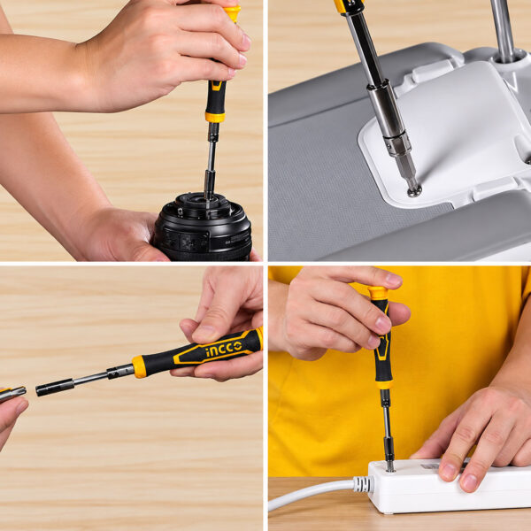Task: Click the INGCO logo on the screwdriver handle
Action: [224, 350]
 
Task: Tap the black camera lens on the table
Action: [204, 227]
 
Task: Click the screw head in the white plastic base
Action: [414, 191]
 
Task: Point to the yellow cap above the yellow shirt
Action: [378, 293]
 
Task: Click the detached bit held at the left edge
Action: [12, 394]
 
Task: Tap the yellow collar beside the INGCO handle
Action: [139, 366]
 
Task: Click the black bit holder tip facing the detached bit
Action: [55, 388]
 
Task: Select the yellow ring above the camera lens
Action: [215, 117]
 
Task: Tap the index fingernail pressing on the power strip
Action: [449, 471]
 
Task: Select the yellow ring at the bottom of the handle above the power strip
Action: [384, 385]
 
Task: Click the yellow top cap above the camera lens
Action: [233, 13]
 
